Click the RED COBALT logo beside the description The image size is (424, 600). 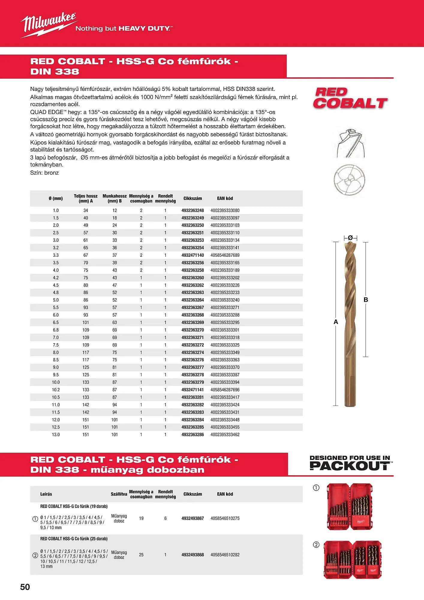[350, 98]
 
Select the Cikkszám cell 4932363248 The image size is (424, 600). [193, 211]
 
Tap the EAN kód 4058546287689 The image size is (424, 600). [225, 255]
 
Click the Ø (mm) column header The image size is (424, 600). [56, 198]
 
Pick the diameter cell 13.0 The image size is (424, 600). [56, 434]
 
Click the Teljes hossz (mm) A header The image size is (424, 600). [86, 198]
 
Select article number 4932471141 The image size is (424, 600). [193, 390]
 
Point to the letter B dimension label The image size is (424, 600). [366, 300]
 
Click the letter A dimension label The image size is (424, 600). [336, 322]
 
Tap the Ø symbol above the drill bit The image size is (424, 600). [350, 238]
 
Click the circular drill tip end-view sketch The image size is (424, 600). [349, 180]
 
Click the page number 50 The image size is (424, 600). [25, 587]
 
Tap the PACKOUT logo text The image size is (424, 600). [350, 466]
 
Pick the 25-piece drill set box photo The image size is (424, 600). [353, 560]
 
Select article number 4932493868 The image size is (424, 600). [193, 555]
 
